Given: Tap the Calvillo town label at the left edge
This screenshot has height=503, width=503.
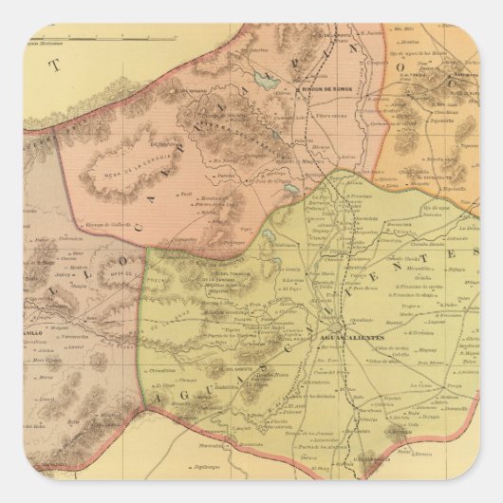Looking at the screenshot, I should click(38, 335).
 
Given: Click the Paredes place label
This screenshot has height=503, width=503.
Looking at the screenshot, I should click(227, 177).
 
